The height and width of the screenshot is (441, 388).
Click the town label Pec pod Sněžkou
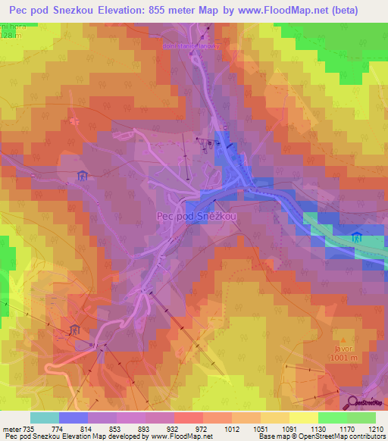point(196,216)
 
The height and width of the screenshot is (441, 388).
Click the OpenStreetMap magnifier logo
point(354,402)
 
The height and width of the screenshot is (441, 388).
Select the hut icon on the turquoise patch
point(356,238)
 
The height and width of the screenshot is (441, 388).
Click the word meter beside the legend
point(11,429)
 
